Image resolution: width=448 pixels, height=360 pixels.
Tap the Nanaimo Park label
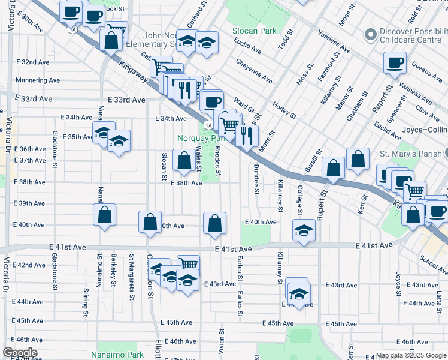pyautogui.click(x=117, y=355)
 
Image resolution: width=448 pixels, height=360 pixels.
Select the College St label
pyautogui.click(x=299, y=198)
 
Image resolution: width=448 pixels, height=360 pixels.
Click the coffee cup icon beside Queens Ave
pyautogui.click(x=395, y=62)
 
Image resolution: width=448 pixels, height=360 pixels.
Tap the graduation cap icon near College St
pyautogui.click(x=304, y=230)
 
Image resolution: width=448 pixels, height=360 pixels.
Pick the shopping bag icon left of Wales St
pyautogui.click(x=183, y=160)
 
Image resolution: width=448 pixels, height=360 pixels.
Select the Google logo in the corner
pyautogui.click(x=20, y=353)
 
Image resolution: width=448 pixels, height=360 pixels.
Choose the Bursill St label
pyautogui.click(x=311, y=163)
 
